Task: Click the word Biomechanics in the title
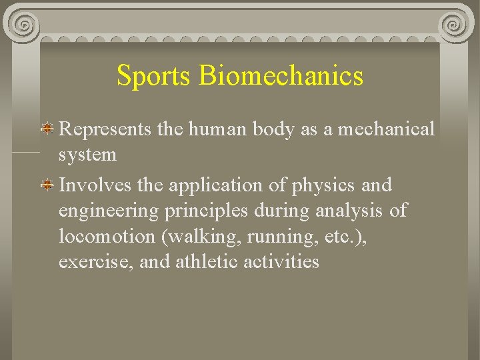pyautogui.click(x=281, y=76)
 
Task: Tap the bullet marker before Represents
pyautogui.click(x=48, y=127)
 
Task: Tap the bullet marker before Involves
pyautogui.click(x=48, y=185)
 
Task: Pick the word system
pyautogui.click(x=87, y=156)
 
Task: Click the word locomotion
pyautogui.click(x=107, y=237)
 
